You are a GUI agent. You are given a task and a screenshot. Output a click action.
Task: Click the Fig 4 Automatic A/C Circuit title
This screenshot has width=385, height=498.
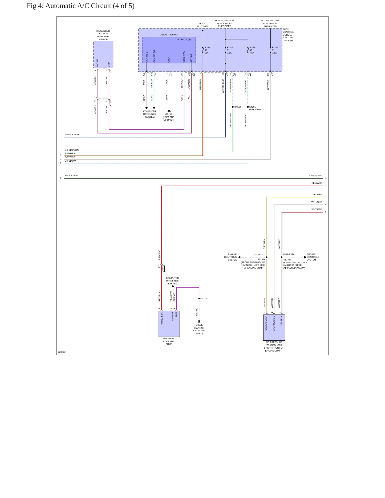[x=80, y=6]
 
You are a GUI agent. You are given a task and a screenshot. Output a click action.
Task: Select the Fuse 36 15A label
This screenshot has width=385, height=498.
[x=207, y=50]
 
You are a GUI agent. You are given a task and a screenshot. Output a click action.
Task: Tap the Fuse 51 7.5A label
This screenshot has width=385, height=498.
[x=230, y=50]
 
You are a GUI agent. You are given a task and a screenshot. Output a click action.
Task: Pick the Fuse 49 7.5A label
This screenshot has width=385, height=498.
[x=252, y=50]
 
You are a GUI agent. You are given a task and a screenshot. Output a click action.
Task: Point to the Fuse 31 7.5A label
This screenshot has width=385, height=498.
[x=275, y=50]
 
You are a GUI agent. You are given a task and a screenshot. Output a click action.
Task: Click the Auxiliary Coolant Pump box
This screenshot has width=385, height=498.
[x=169, y=324]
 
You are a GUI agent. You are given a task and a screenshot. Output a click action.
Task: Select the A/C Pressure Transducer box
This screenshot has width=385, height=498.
[x=274, y=328]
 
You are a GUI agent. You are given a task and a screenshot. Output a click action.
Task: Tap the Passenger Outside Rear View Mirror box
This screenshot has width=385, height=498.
[x=103, y=55]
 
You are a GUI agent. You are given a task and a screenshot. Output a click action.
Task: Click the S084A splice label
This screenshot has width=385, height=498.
[x=238, y=107]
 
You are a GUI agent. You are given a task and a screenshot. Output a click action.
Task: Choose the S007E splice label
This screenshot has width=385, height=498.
[x=204, y=299]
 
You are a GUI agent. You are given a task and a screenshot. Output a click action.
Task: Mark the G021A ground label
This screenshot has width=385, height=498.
[x=169, y=114]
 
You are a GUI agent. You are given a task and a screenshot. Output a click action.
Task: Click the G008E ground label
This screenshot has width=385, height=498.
[x=199, y=325]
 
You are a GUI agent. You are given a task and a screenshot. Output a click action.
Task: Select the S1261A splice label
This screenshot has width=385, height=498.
[x=261, y=259]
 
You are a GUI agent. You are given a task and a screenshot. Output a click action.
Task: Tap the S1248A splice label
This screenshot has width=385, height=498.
[x=287, y=260]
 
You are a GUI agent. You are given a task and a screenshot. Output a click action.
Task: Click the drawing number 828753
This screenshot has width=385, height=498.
[x=62, y=352]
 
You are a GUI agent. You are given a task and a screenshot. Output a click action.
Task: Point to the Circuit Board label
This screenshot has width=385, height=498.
[x=169, y=35]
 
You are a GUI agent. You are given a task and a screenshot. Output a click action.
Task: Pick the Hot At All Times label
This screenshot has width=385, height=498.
[x=202, y=25]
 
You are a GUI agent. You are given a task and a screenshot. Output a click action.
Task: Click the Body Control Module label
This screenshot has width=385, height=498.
[x=288, y=35]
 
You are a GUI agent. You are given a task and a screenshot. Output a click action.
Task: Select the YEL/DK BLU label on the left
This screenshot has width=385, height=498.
[x=71, y=175]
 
